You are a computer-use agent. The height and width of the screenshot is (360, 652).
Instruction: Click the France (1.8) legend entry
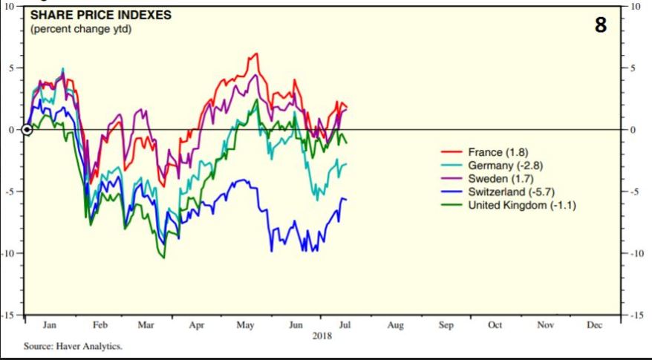pos(498,153)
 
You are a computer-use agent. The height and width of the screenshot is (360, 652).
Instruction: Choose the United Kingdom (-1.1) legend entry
pos(521,204)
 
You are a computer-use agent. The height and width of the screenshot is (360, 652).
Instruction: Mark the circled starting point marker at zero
pos(27,130)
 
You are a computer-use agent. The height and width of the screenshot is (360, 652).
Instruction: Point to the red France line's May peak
pos(256,53)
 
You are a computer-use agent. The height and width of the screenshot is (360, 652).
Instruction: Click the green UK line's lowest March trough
pos(163,258)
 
